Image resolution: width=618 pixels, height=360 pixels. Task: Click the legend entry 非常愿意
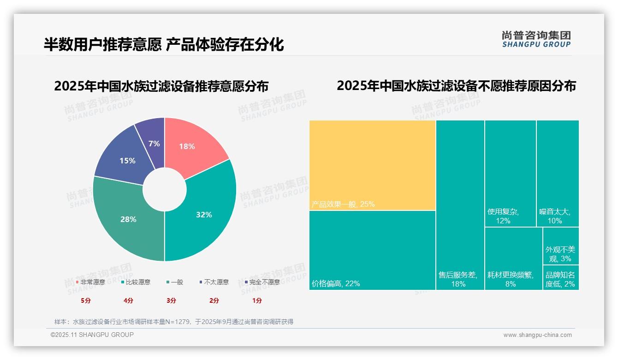[x=91, y=282]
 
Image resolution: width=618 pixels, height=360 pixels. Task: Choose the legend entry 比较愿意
[x=136, y=282]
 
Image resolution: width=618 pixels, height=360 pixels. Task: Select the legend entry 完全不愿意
[x=262, y=282]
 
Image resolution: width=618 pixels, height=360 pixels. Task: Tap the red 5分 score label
[x=86, y=300]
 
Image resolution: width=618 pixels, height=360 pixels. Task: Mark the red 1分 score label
[x=257, y=300]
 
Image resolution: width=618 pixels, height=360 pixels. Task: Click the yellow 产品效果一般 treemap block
[x=372, y=165]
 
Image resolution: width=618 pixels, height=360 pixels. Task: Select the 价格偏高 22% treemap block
[x=372, y=250]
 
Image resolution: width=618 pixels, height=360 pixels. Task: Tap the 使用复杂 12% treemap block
[x=510, y=173]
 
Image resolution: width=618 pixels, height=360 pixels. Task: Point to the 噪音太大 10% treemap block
[x=558, y=173]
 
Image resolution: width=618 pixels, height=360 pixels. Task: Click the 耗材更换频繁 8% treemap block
[x=513, y=258]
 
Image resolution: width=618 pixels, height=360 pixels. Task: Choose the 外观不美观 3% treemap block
[x=560, y=246]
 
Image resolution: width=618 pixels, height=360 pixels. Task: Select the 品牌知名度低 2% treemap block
[x=560, y=277]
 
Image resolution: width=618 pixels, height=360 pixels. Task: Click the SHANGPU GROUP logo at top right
[x=536, y=39]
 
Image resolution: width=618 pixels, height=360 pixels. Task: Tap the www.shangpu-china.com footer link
[x=537, y=335]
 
